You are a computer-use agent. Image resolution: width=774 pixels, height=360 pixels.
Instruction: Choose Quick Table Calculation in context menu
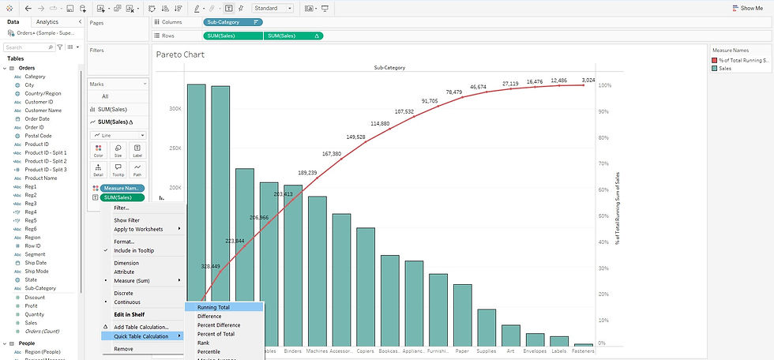[141, 336]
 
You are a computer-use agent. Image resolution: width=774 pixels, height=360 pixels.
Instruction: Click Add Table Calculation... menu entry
[141, 327]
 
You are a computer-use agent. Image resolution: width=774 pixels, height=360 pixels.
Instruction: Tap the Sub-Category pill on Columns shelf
[233, 22]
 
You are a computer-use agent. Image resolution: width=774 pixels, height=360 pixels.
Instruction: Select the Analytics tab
[47, 22]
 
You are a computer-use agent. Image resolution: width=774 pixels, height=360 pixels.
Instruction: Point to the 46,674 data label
[479, 87]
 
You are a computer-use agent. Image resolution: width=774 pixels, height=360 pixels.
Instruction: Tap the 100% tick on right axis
[607, 85]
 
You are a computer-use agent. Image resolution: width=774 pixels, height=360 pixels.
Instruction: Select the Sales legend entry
[725, 69]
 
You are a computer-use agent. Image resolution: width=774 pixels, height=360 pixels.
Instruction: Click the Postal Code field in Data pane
[38, 136]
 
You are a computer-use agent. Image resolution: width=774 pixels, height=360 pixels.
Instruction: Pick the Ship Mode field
[36, 272]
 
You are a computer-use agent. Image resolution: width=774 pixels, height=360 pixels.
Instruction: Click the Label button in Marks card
[137, 150]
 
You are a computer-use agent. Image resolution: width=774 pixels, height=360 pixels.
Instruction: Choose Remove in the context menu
[123, 348]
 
